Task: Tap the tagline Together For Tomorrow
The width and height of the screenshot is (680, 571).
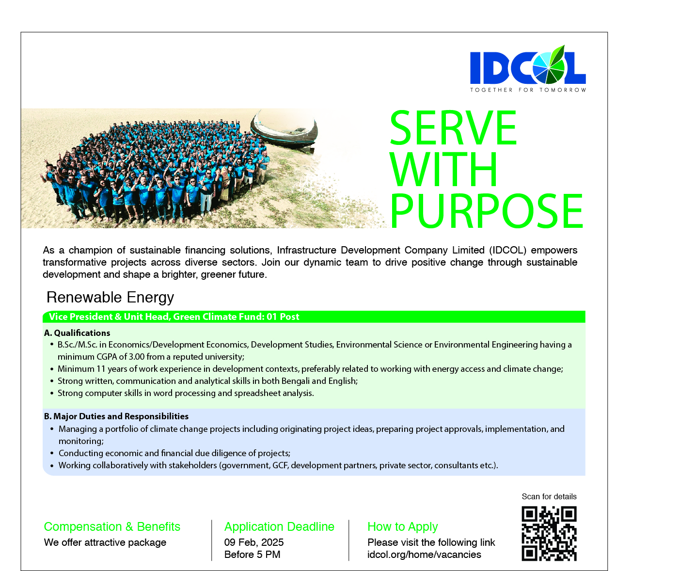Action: pyautogui.click(x=528, y=90)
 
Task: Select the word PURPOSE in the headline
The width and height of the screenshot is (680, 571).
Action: pyautogui.click(x=487, y=211)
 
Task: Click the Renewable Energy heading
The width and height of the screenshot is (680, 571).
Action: pyautogui.click(x=110, y=297)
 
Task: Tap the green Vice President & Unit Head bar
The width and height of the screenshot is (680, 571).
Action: pyautogui.click(x=314, y=317)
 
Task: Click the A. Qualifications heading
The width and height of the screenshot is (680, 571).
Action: pyautogui.click(x=77, y=333)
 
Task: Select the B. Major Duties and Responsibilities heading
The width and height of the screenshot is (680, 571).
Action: pyautogui.click(x=116, y=416)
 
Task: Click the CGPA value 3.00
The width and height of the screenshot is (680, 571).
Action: pyautogui.click(x=137, y=357)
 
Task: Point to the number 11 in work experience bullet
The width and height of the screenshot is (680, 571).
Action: pyautogui.click(x=101, y=369)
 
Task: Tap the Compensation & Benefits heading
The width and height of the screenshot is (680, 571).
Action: pyautogui.click(x=112, y=527)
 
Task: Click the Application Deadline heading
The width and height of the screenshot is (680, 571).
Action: pyautogui.click(x=280, y=527)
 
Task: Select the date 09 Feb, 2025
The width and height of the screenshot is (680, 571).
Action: pyautogui.click(x=254, y=542)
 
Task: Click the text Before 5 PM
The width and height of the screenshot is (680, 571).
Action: pyautogui.click(x=253, y=555)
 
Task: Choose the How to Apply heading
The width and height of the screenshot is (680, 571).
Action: pyautogui.click(x=403, y=527)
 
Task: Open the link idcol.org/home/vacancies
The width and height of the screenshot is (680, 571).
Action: pyautogui.click(x=425, y=555)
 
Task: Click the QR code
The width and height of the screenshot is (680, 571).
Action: pyautogui.click(x=549, y=534)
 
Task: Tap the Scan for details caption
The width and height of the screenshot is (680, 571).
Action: pyautogui.click(x=549, y=496)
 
